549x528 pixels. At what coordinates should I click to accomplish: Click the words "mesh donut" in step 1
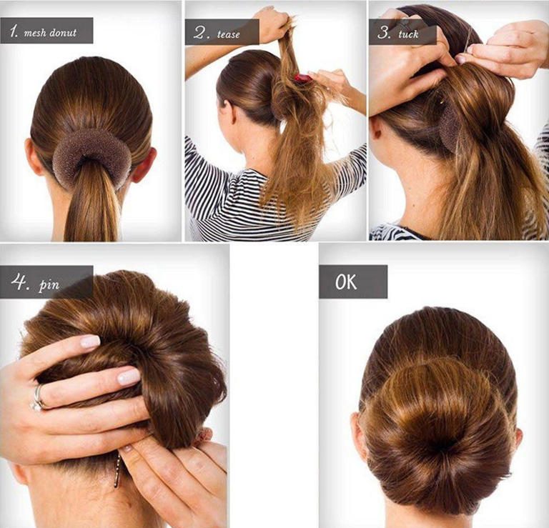click(x=50, y=33)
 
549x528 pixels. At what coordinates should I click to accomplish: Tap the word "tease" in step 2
click(x=228, y=34)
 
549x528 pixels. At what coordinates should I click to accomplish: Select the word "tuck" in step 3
click(x=408, y=34)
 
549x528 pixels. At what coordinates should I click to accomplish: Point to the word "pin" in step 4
click(x=49, y=284)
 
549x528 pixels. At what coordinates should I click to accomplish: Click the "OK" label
click(x=346, y=282)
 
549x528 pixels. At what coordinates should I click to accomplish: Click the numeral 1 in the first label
click(x=14, y=32)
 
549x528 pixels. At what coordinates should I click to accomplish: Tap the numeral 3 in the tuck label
click(x=384, y=33)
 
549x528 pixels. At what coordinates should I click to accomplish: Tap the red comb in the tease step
click(x=302, y=78)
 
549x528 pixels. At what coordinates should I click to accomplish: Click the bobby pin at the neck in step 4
click(x=117, y=469)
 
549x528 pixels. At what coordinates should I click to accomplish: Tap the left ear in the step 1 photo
click(x=34, y=157)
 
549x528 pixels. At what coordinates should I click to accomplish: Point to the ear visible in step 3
click(x=376, y=129)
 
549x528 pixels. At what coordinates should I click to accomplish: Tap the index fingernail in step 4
click(x=91, y=342)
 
